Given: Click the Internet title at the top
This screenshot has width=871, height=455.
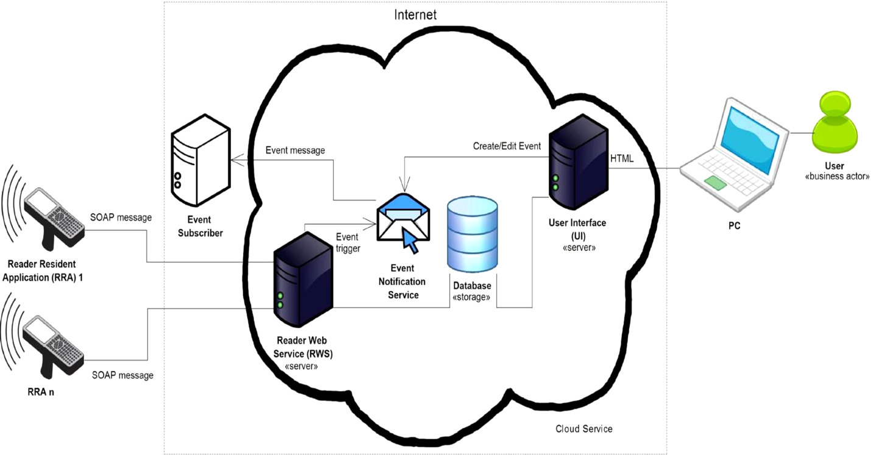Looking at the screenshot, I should [415, 15].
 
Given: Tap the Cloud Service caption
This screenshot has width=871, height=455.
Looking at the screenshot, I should [584, 429].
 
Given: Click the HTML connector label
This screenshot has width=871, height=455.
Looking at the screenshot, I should [622, 159].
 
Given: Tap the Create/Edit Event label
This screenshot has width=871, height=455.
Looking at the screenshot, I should [507, 146].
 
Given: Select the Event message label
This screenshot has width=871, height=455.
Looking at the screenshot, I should [295, 150].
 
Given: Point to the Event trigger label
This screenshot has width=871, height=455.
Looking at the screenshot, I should [348, 242].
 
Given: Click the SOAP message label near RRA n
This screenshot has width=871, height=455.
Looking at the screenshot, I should [122, 375].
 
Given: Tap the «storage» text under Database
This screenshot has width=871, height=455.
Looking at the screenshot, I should [471, 297].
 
